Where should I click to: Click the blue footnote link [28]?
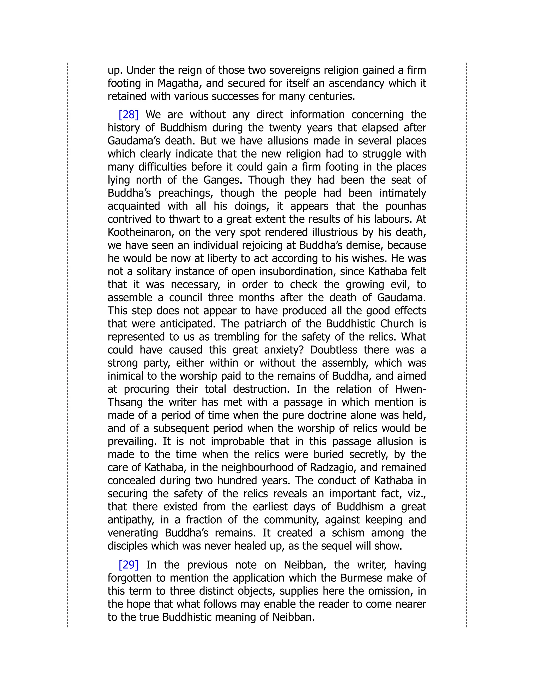129,114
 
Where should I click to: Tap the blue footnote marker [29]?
129,564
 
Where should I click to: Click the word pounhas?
406,206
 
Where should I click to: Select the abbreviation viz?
417,493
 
